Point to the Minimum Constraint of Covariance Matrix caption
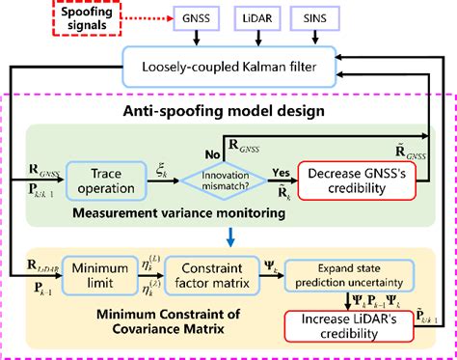[167, 326]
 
